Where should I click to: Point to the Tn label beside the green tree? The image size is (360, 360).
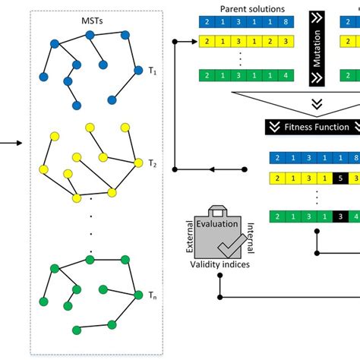tap(153, 294)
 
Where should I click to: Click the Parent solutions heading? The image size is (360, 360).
tap(252, 9)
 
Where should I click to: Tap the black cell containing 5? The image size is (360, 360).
tap(340, 178)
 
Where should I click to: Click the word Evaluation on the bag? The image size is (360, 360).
tap(219, 226)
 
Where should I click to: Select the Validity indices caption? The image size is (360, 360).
tap(219, 264)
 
